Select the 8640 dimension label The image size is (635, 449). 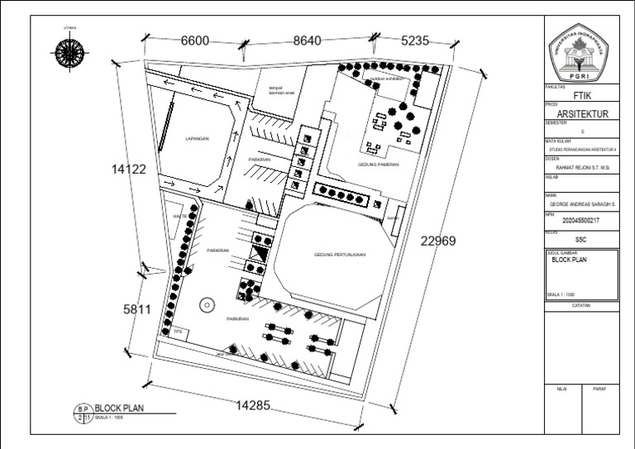coord(313,41)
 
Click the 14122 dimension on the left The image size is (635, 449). coord(129,170)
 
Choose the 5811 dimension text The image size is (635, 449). coord(137,309)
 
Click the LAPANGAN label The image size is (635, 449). coord(197,139)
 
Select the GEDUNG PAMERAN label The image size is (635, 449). coord(378,165)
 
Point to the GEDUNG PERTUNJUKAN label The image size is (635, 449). coord(340,255)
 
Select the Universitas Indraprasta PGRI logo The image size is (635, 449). coord(581,52)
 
